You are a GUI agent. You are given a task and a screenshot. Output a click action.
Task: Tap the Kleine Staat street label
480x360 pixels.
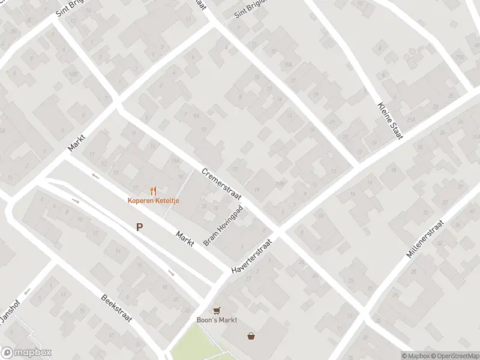tap(389, 122)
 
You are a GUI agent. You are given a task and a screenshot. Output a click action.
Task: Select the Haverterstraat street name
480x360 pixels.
tap(252, 257)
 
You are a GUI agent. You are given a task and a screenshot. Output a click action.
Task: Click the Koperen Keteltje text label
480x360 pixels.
tap(153, 200)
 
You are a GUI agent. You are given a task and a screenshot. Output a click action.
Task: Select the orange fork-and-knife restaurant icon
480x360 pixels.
tap(153, 191)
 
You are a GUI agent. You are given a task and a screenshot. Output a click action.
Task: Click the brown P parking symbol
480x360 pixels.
tap(139, 227)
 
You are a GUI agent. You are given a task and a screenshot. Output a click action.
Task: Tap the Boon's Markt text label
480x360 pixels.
tap(217, 320)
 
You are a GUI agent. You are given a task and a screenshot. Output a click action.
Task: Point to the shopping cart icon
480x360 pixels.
tap(217, 310)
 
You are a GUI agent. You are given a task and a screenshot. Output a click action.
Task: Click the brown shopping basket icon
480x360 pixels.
tap(251, 336)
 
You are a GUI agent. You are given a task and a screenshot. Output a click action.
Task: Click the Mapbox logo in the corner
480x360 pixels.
tap(26, 353)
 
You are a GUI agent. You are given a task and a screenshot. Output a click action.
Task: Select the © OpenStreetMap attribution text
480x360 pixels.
tap(454, 355)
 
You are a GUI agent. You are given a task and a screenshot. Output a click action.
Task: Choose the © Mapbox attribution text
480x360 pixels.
tap(415, 355)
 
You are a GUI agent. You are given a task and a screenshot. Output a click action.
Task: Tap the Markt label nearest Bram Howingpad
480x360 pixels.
tap(185, 238)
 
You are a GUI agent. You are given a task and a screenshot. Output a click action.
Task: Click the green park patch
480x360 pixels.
tap(192, 342)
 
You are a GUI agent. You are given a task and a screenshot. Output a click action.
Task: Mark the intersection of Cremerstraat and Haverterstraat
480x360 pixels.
tap(279, 232)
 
